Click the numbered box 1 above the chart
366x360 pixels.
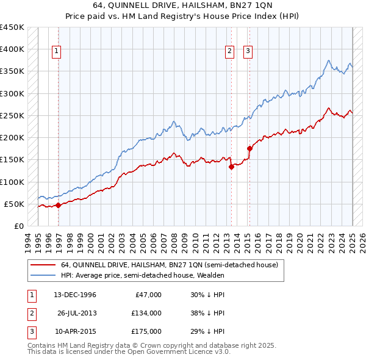(56, 52)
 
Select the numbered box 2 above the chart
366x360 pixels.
(230, 52)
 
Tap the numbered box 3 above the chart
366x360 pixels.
(249, 52)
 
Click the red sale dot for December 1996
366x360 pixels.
(58, 206)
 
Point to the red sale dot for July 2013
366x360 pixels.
(231, 167)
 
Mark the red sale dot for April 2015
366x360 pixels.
(249, 148)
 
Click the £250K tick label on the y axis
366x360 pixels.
(12, 115)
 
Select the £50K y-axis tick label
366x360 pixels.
(14, 204)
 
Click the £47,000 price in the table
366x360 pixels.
(148, 295)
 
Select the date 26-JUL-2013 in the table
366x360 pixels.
(76, 313)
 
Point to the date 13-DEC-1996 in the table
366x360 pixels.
(75, 295)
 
